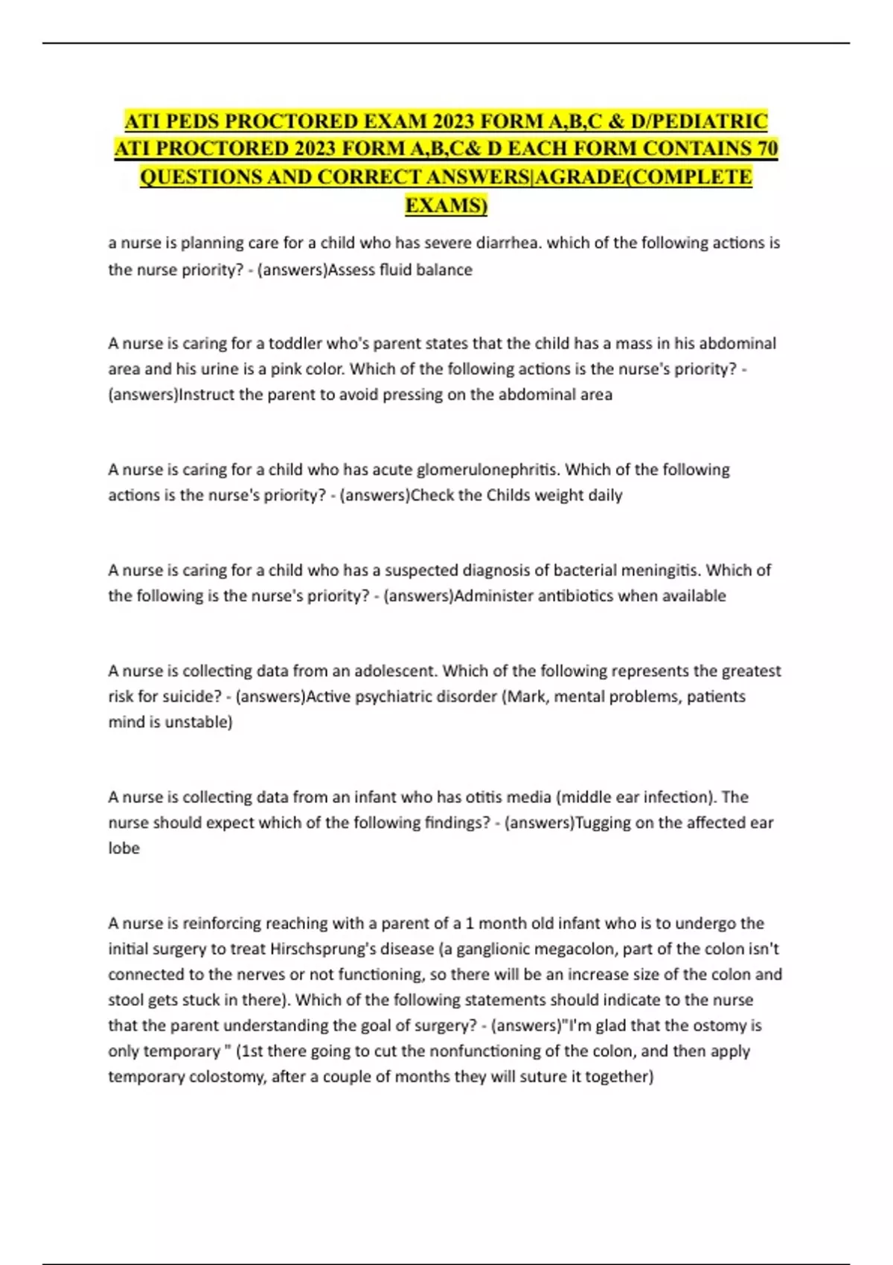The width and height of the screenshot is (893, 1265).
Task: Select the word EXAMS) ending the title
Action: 446,205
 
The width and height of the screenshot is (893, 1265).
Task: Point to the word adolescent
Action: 397,670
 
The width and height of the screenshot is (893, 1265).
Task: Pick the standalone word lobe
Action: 124,848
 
